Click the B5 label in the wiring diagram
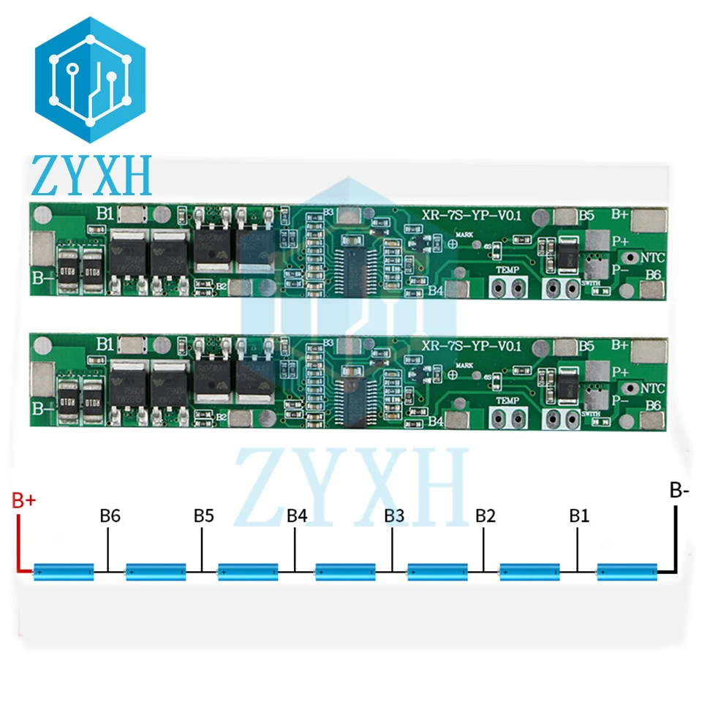click(204, 516)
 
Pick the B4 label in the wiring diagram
click(297, 516)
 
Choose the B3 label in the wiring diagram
click(394, 516)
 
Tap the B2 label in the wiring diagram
click(486, 516)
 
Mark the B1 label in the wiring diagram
click(579, 516)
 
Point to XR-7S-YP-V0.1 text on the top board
click(473, 214)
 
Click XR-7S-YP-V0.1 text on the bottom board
click(473, 347)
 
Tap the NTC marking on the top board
click(653, 257)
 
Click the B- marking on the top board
click(43, 276)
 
